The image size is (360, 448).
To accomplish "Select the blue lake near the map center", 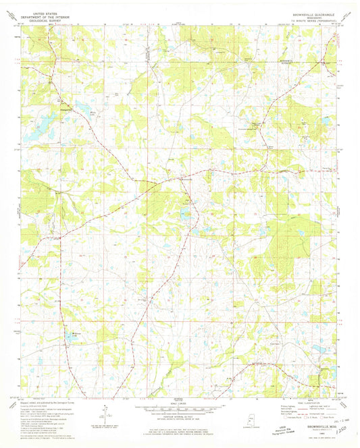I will point(184,216).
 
